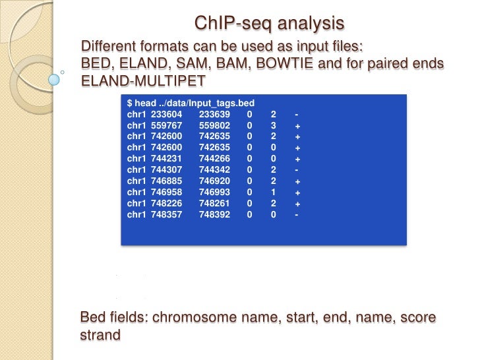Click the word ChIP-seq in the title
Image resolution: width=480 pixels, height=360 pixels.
tap(233, 24)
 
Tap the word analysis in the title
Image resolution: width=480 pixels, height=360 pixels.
tap(311, 24)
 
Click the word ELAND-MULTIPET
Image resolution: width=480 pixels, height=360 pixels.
tap(143, 81)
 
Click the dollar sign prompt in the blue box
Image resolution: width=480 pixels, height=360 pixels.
tap(129, 104)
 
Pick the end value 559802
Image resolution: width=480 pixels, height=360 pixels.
tap(214, 126)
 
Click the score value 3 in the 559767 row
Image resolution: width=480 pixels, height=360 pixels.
tap(273, 126)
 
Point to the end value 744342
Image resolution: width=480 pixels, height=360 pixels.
tap(214, 170)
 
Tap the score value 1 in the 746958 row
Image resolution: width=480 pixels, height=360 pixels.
tap(273, 193)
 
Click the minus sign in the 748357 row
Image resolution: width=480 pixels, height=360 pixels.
tap(298, 215)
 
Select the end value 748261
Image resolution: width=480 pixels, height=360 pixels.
tap(214, 204)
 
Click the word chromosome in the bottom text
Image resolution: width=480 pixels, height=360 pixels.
tap(197, 318)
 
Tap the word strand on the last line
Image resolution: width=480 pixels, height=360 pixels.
tap(100, 335)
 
